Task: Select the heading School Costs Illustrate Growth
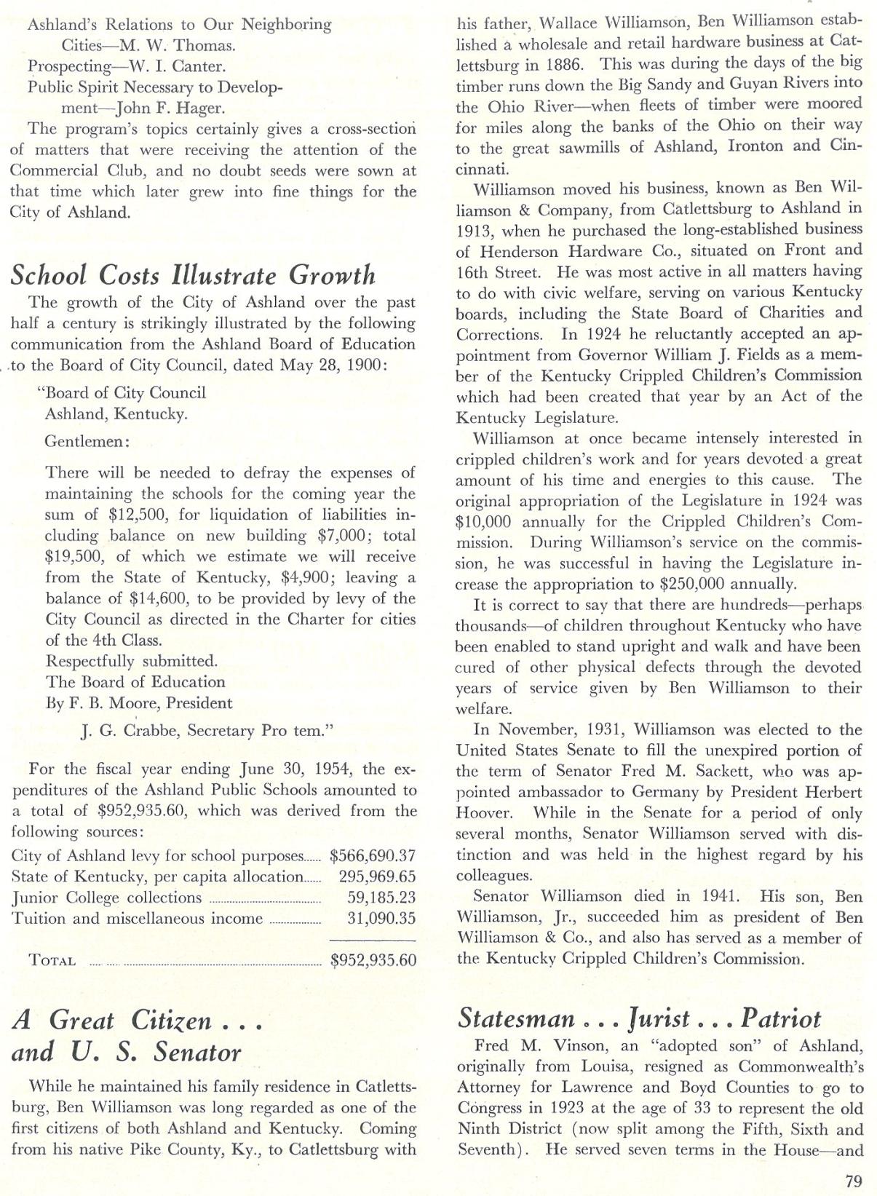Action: pos(193,275)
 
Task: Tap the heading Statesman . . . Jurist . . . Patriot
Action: pos(639,1018)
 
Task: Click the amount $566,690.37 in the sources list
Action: pos(373,856)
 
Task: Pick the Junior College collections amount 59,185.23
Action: pos(381,898)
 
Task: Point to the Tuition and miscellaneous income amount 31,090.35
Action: pos(381,919)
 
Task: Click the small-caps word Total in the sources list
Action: pos(52,960)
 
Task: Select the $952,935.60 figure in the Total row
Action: pos(373,960)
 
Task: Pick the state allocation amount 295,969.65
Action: pos(377,877)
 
